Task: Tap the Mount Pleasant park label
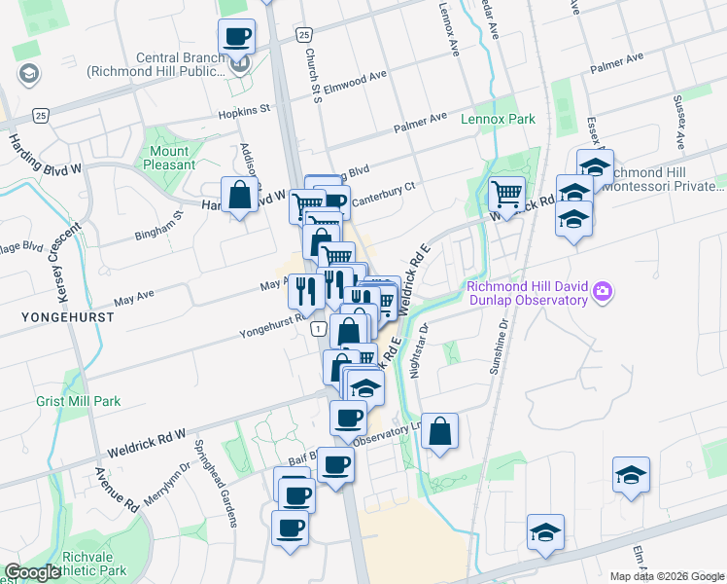pos(169,158)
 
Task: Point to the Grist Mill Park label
pos(80,401)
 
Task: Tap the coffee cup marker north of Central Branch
pos(236,38)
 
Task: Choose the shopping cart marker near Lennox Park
pos(506,194)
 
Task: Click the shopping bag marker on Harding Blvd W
pos(239,196)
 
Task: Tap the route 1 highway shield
pos(318,331)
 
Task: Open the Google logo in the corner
pos(32,572)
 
